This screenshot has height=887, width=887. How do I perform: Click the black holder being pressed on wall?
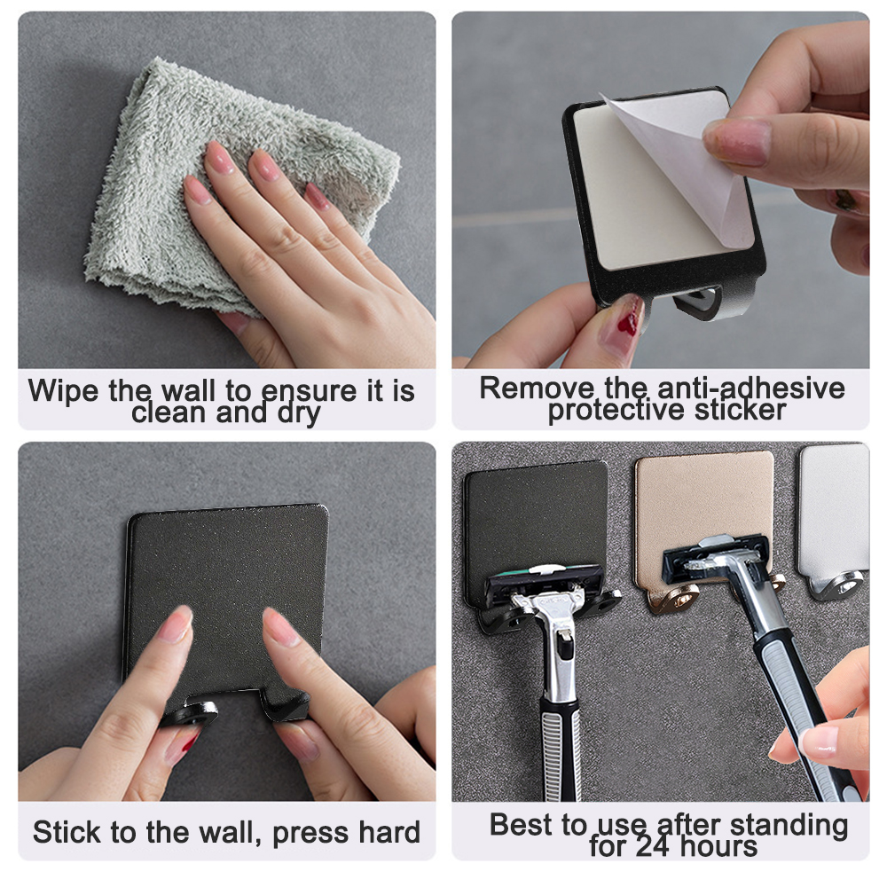pyautogui.click(x=226, y=568)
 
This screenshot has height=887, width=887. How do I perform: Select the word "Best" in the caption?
pyautogui.click(x=524, y=825)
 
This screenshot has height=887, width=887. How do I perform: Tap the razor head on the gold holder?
pyautogui.click(x=718, y=555)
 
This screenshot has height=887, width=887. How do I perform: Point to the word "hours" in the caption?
pyautogui.click(x=719, y=847)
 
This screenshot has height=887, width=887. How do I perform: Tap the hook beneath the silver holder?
pyautogui.click(x=838, y=585)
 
